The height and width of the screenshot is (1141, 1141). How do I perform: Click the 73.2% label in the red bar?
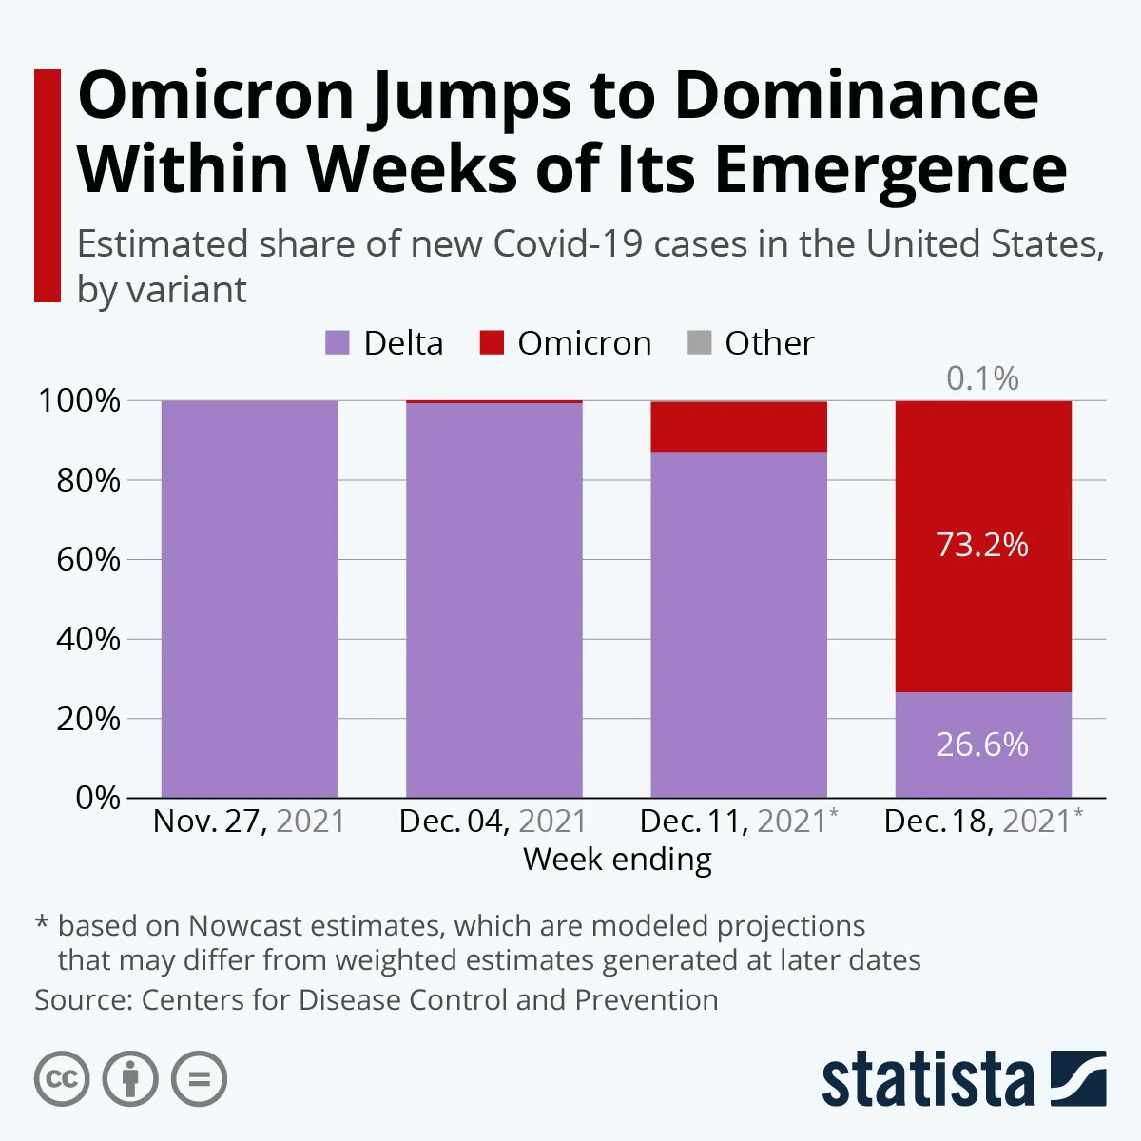click(x=982, y=545)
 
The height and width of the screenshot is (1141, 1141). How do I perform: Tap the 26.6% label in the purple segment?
click(x=982, y=745)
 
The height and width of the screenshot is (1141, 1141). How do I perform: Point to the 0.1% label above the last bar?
click(x=982, y=378)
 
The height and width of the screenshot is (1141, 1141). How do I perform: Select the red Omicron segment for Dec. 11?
click(x=739, y=427)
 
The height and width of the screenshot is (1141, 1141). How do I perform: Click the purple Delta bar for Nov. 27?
click(x=249, y=599)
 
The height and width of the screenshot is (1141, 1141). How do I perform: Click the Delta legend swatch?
click(x=338, y=343)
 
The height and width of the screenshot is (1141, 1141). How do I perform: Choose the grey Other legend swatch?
click(x=699, y=343)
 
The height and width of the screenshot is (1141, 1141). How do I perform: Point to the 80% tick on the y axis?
click(x=88, y=480)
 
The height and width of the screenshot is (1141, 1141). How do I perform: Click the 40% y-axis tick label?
click(x=88, y=639)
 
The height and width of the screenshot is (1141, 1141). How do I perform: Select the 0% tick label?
click(x=98, y=798)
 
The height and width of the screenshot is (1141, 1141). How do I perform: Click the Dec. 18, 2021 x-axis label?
click(x=982, y=821)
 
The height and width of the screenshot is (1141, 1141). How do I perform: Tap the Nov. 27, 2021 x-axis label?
click(x=249, y=821)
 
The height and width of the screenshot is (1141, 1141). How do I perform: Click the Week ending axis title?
click(x=617, y=860)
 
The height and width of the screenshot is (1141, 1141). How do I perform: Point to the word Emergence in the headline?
click(x=890, y=169)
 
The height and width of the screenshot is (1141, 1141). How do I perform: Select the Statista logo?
click(x=963, y=1079)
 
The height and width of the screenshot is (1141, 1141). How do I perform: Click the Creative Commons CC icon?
click(x=62, y=1079)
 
